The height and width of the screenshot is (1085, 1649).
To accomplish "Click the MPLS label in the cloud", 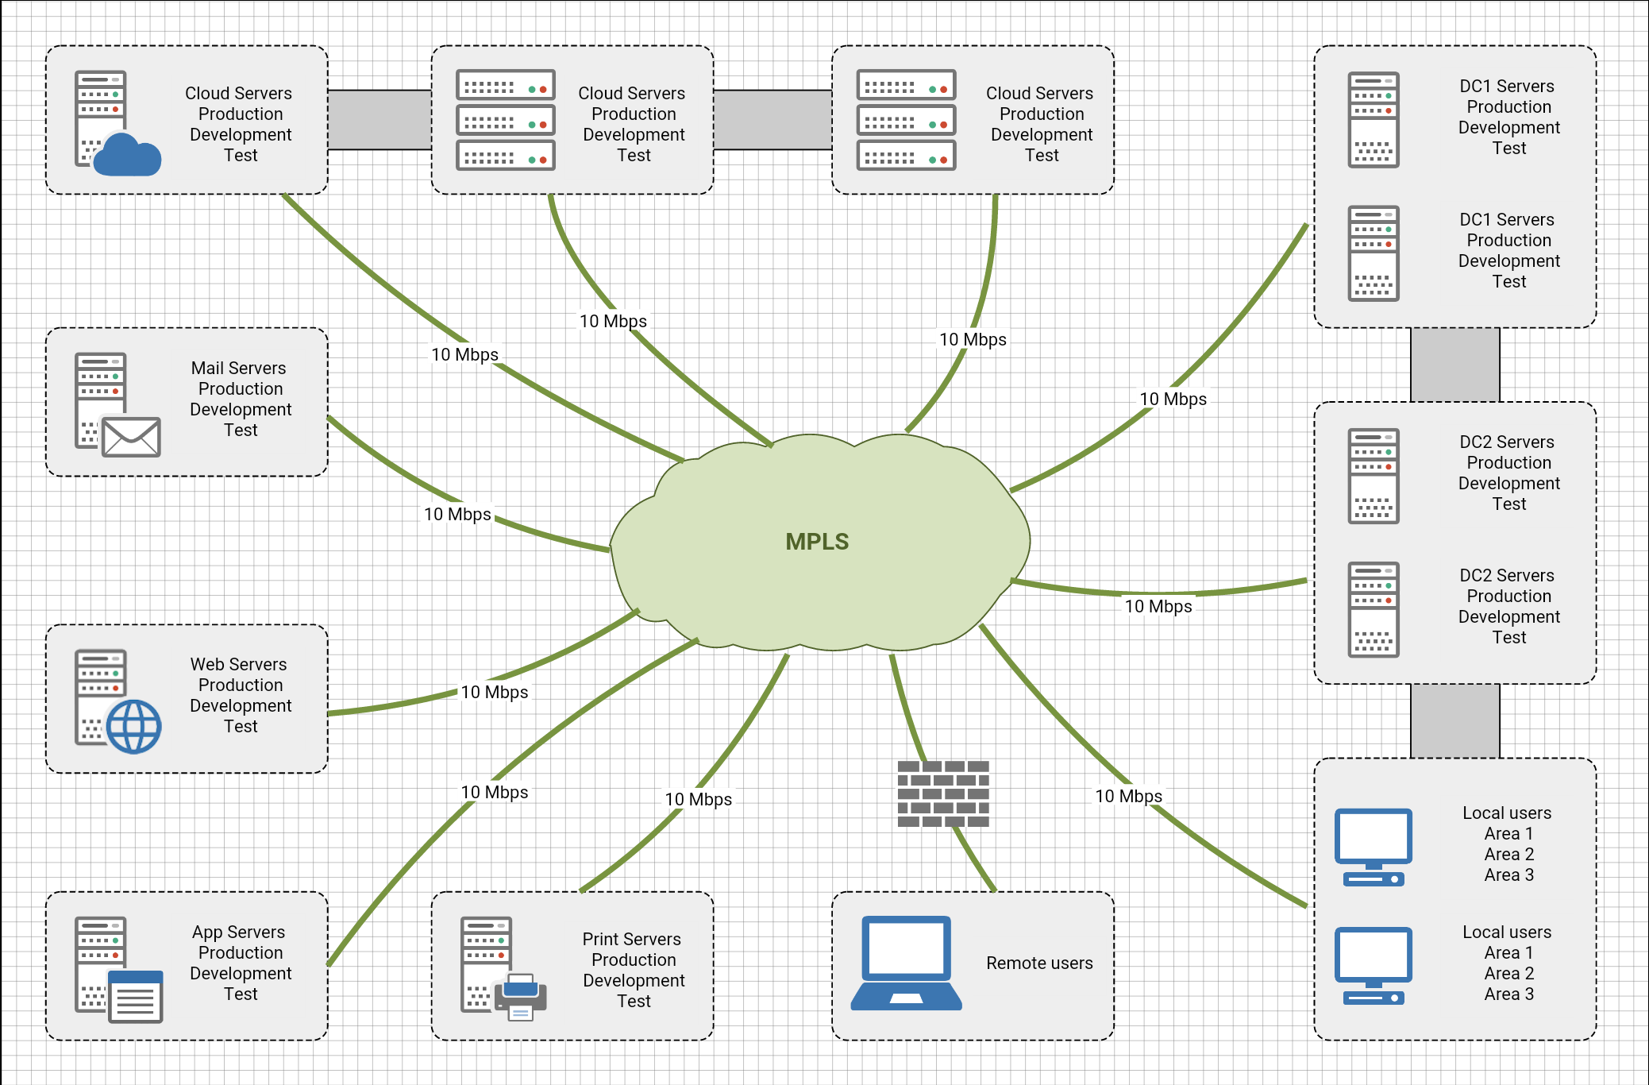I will click(x=817, y=542).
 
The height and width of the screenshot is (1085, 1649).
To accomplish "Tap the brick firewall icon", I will click(x=943, y=793).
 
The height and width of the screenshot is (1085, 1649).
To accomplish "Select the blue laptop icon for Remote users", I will click(x=906, y=963).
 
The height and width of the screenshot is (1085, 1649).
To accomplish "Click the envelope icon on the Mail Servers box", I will click(x=131, y=437).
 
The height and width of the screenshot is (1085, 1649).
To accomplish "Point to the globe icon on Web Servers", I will click(x=133, y=726).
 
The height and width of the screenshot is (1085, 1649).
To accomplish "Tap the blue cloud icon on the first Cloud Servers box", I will click(x=127, y=155).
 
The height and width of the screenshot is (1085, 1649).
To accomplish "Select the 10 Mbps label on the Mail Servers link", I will click(x=457, y=515).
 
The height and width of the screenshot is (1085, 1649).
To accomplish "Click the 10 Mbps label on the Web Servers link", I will click(x=494, y=693).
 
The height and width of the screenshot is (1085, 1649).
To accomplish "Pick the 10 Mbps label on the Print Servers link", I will click(x=698, y=800).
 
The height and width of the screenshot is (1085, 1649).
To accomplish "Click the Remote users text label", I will click(x=1039, y=963).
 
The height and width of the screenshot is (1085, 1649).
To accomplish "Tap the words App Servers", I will click(x=238, y=932).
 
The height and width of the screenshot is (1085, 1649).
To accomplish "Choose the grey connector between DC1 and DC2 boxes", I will click(x=1454, y=365).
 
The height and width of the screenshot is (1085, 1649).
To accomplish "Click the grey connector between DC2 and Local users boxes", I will click(x=1454, y=720).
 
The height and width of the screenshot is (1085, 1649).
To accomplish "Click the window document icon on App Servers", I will click(x=135, y=996).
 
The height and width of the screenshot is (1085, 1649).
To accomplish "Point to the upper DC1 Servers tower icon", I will click(x=1374, y=120).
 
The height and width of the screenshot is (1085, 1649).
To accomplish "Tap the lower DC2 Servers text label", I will click(x=1507, y=576).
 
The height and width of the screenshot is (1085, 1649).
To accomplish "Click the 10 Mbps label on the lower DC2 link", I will click(x=1158, y=607).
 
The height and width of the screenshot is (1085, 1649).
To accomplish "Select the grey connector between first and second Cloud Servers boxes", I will click(x=380, y=120).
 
